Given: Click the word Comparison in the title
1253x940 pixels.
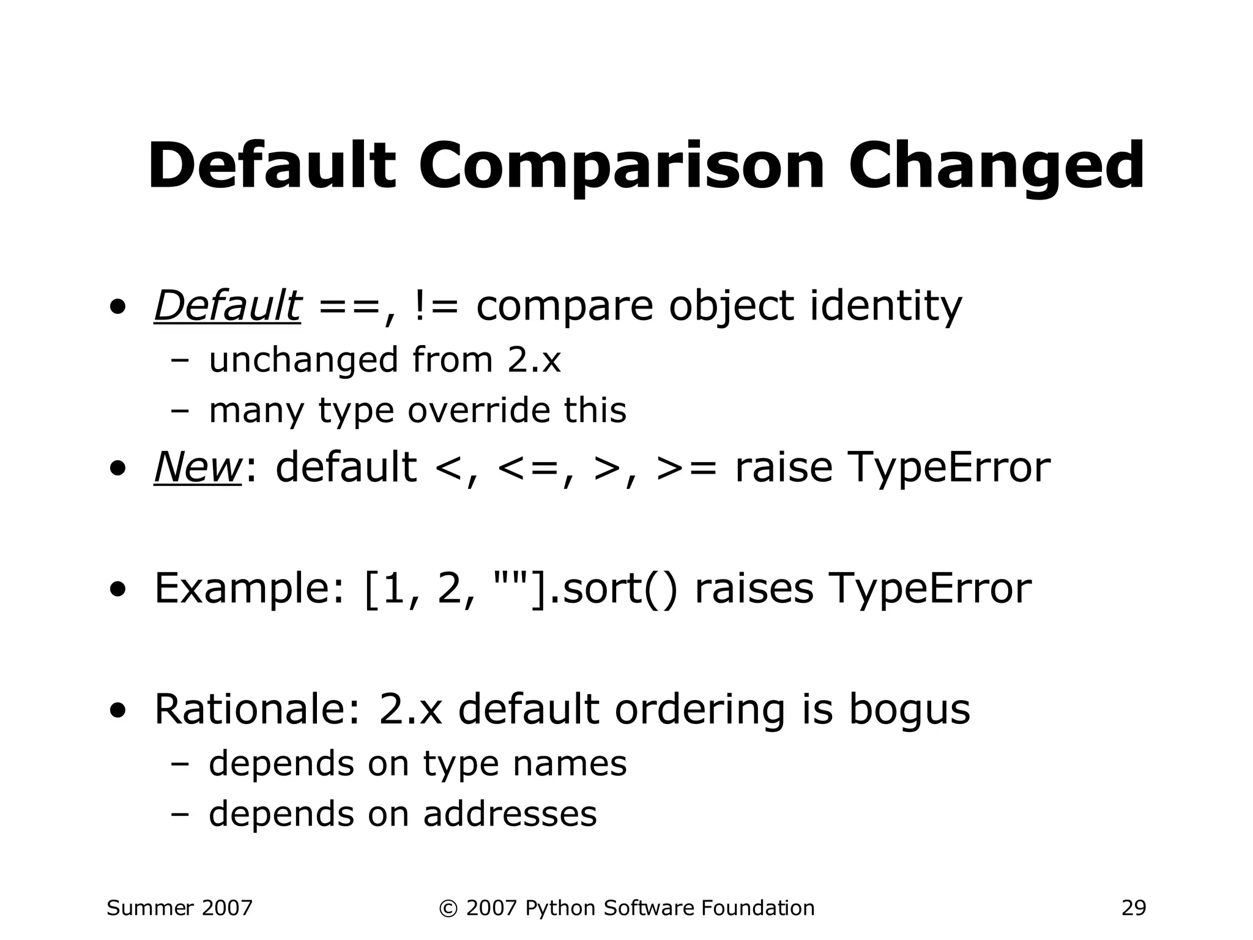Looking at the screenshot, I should [x=622, y=166].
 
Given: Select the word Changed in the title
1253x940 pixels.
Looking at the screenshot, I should [x=995, y=166].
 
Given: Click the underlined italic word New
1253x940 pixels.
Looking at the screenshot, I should [x=198, y=468].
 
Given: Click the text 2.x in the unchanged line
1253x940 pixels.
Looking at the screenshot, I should [x=534, y=360].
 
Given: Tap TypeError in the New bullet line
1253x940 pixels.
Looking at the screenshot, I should [x=892, y=468].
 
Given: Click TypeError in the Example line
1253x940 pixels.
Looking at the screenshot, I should [x=929, y=589].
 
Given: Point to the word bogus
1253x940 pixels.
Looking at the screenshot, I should [x=909, y=710].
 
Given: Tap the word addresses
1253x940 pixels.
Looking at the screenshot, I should [x=510, y=814].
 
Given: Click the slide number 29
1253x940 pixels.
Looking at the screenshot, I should [x=1133, y=908].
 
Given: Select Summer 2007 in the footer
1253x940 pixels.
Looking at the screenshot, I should [x=179, y=908].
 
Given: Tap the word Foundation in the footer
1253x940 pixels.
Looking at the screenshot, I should [x=757, y=908].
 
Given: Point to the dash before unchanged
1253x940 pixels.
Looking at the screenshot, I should [x=180, y=361].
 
